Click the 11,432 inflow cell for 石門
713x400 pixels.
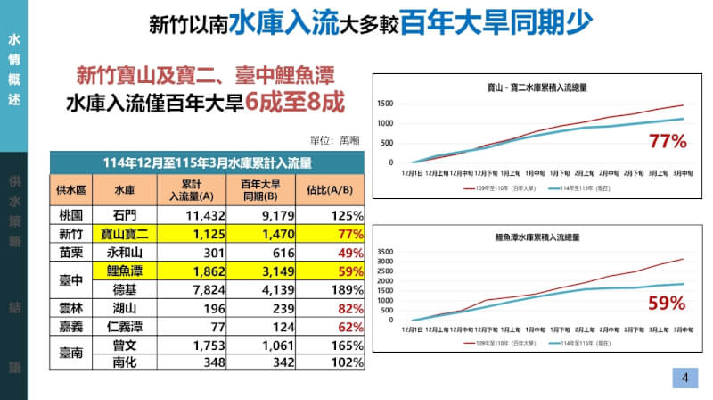point(186,215)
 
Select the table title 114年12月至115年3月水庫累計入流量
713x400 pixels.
point(207,162)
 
